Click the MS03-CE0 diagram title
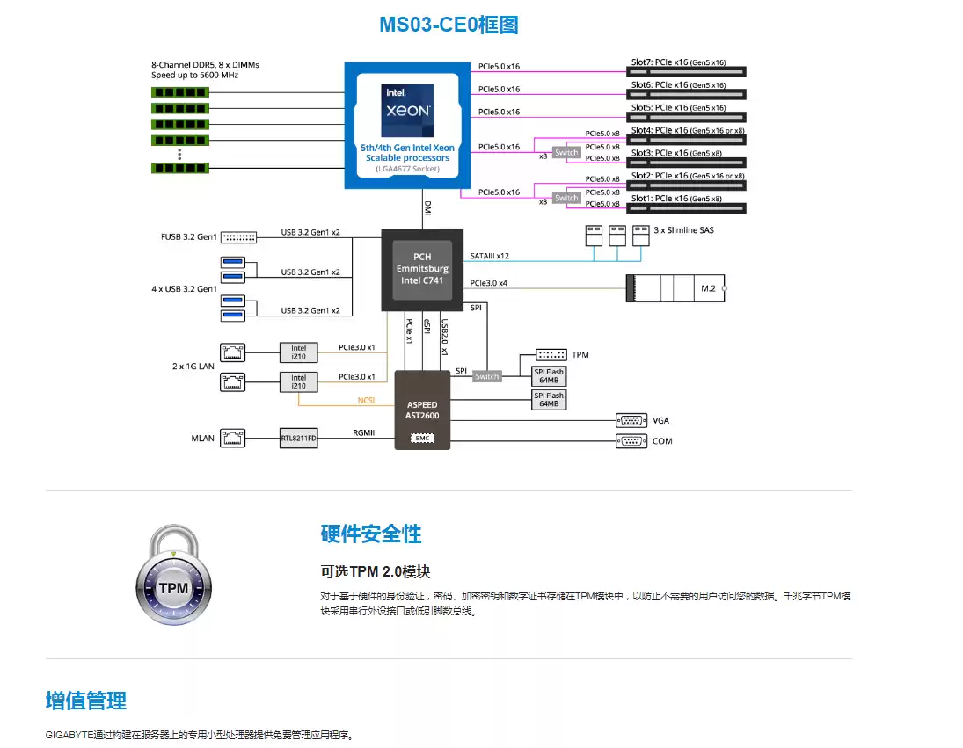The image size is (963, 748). tap(449, 25)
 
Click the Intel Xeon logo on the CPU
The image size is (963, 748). tap(406, 106)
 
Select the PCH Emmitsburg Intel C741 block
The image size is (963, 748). tap(421, 268)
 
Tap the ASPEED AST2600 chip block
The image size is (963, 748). tap(422, 410)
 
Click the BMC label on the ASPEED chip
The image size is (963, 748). tap(422, 437)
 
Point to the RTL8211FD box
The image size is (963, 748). tap(298, 438)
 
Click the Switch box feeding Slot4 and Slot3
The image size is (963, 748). tap(566, 152)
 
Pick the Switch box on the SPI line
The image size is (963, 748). tap(486, 376)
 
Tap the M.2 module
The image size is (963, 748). tap(675, 288)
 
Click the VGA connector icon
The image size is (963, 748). tap(631, 420)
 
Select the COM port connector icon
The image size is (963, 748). tap(631, 440)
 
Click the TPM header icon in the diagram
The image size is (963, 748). tap(551, 354)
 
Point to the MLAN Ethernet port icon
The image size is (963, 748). tap(233, 438)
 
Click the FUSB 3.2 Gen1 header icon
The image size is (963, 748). tap(238, 236)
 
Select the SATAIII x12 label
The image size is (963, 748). tap(491, 256)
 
